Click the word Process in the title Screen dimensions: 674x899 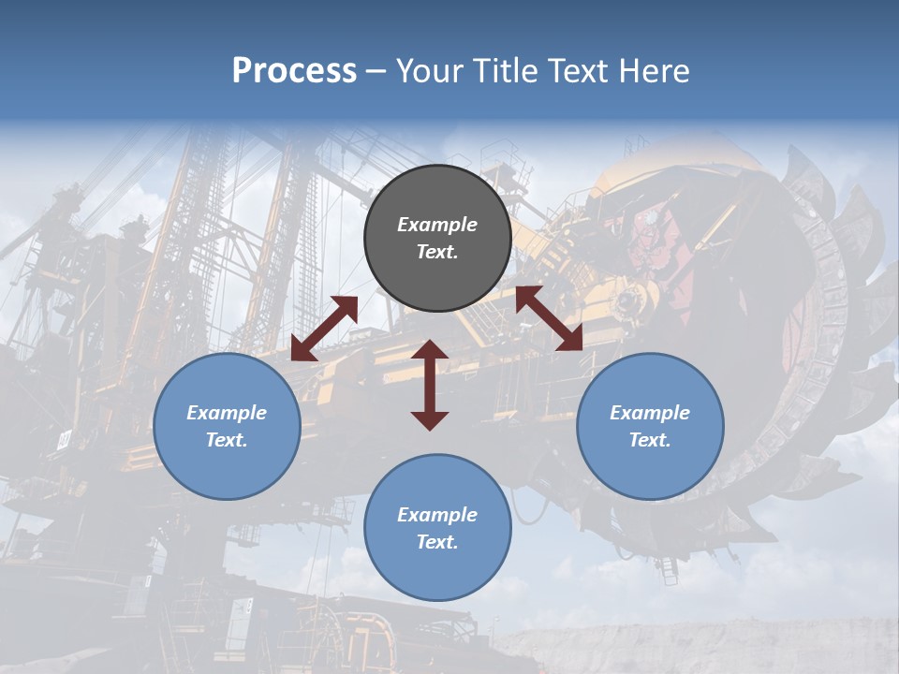click(x=294, y=71)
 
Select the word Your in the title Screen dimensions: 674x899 click(x=428, y=71)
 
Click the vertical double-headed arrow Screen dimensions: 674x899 click(x=430, y=385)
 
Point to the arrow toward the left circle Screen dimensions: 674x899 click(x=324, y=329)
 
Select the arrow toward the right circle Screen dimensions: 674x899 click(x=549, y=318)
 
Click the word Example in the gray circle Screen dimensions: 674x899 click(x=437, y=225)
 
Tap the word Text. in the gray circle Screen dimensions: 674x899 click(x=437, y=252)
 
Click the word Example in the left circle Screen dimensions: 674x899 click(x=227, y=413)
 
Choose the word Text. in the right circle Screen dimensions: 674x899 click(x=650, y=440)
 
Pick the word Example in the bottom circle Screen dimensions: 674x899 click(x=437, y=515)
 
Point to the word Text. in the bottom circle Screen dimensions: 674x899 click(x=437, y=542)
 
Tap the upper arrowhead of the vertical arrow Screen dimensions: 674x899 click(x=430, y=349)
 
